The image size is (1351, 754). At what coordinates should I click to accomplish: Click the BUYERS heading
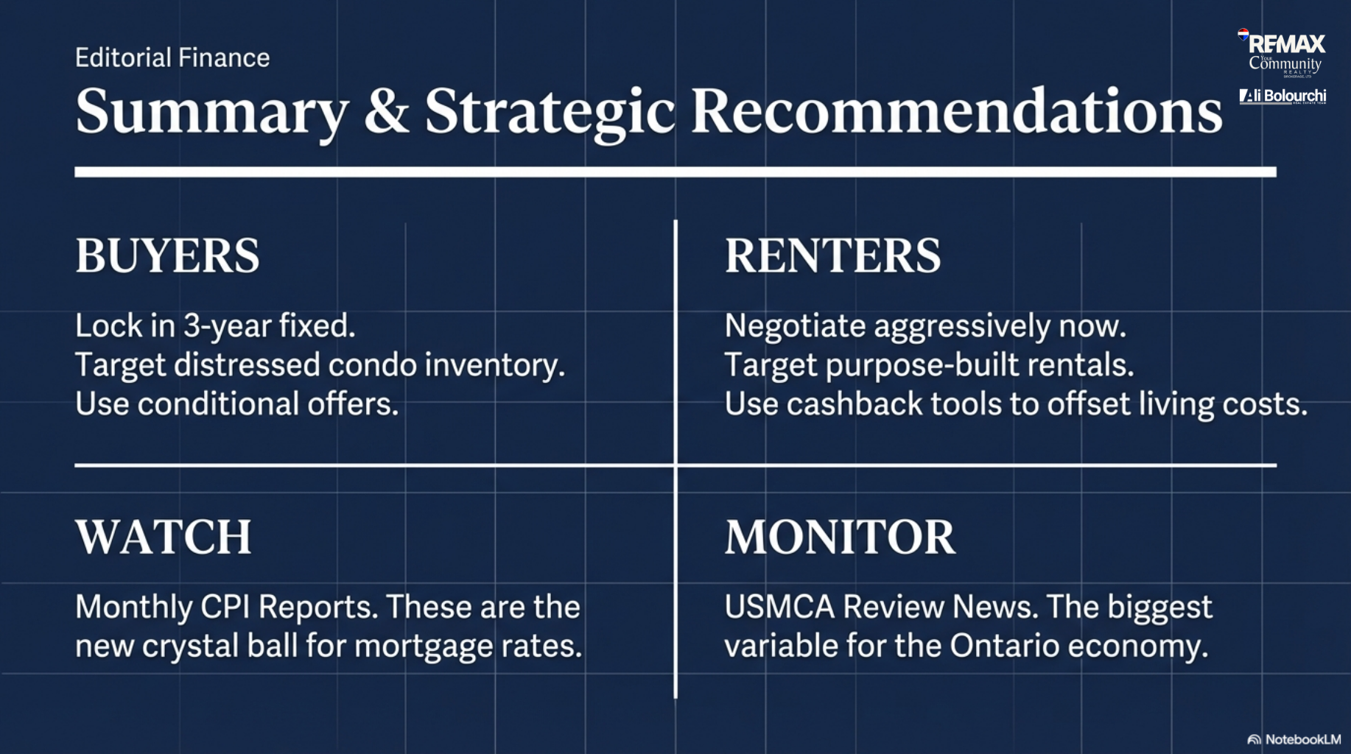[167, 256]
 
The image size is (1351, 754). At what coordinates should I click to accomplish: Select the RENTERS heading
[832, 256]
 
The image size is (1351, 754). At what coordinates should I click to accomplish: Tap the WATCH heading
[164, 537]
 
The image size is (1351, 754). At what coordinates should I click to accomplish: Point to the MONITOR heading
[840, 537]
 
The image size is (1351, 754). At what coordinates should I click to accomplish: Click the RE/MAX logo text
[1286, 44]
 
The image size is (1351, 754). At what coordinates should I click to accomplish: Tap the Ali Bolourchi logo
[1282, 96]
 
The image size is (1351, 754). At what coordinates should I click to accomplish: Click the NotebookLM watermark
[1294, 739]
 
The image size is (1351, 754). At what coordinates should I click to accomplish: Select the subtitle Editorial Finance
[172, 57]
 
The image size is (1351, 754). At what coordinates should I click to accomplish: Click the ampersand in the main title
[387, 111]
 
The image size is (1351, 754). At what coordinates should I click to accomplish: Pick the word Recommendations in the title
[956, 111]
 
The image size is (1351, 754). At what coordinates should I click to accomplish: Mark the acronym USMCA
[779, 607]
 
